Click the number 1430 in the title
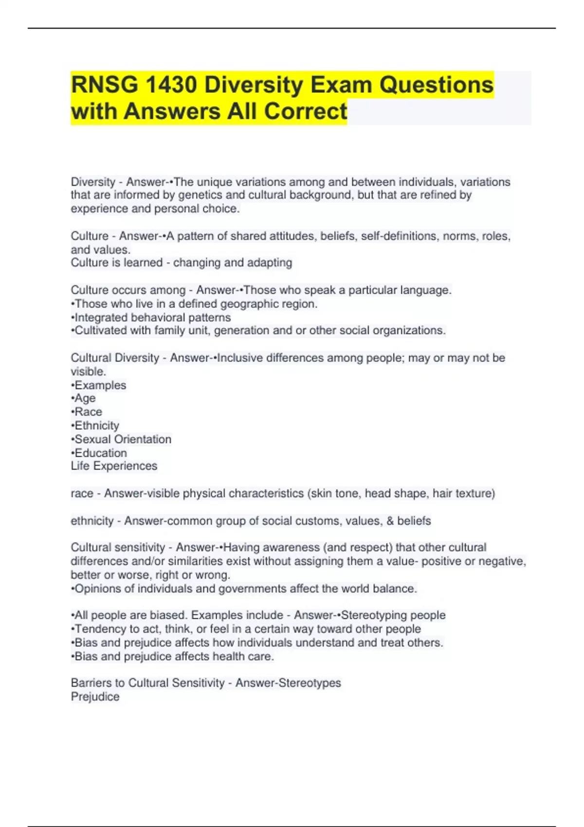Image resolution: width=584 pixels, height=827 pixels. coord(170,85)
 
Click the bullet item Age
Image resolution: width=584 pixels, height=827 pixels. coord(85,398)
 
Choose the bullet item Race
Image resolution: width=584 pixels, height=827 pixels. coord(88,412)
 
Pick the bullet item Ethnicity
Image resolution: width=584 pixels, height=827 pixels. coord(96,426)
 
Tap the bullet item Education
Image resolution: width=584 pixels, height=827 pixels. coord(100,453)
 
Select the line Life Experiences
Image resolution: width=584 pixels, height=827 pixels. coord(114,466)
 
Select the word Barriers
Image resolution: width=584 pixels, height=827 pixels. coord(91,683)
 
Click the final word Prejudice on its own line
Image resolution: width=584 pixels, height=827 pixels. coord(95,697)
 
